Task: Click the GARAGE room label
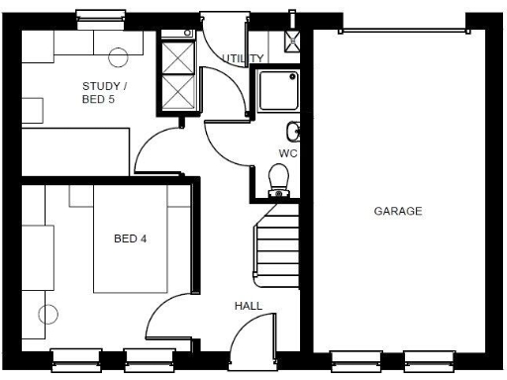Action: (x=398, y=211)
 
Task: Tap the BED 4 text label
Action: (x=131, y=238)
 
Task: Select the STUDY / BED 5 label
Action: (x=104, y=92)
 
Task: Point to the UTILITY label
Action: (x=244, y=59)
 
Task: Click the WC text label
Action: (x=288, y=153)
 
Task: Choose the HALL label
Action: (x=248, y=306)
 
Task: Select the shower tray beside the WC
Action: (x=278, y=91)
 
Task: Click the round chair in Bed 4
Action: (x=47, y=317)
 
